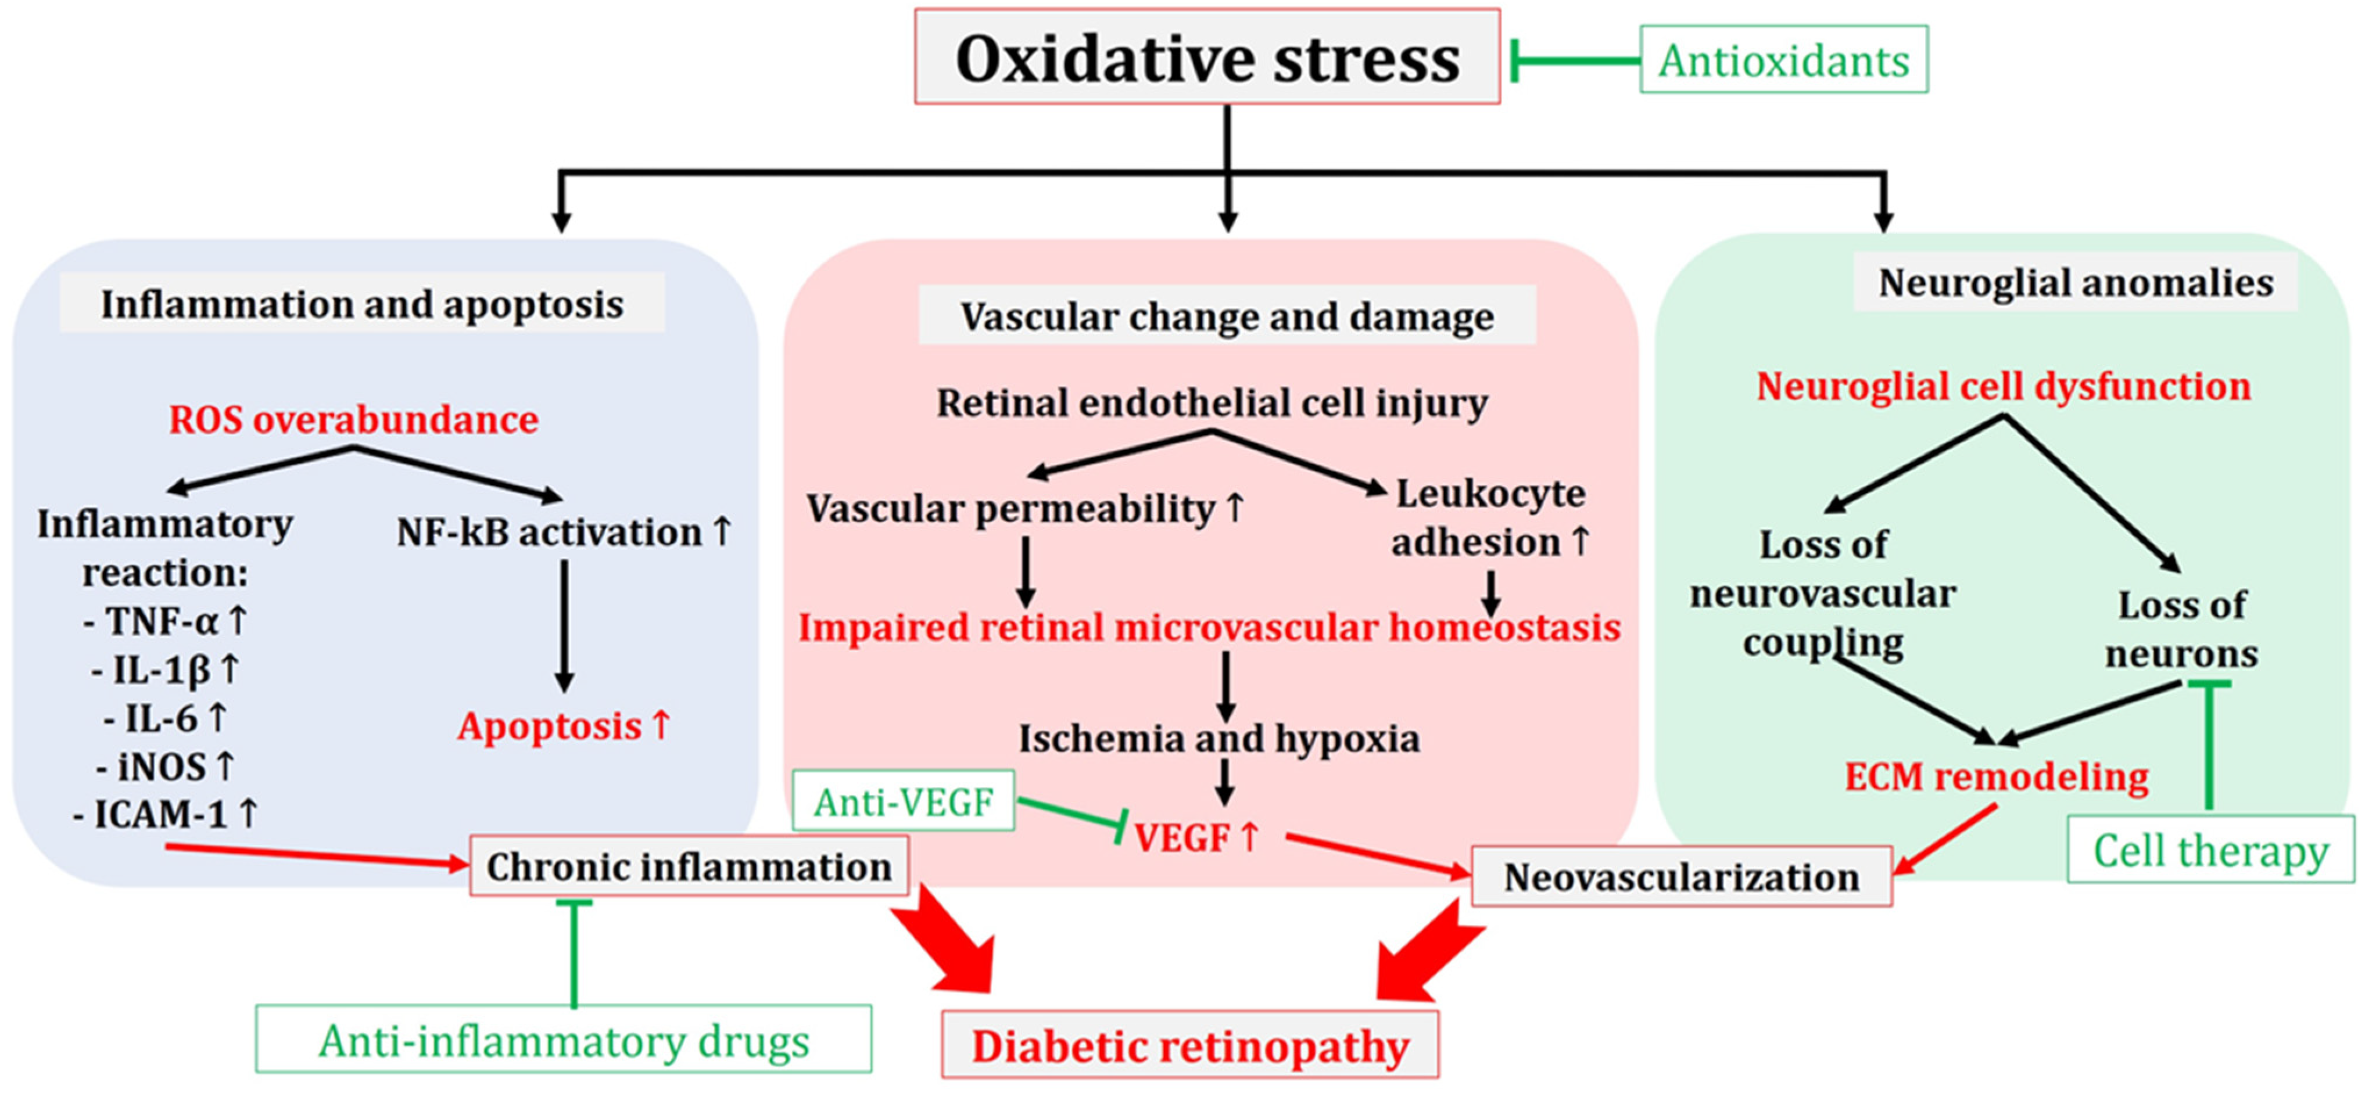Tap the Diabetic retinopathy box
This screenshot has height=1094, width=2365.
[x=1190, y=1045]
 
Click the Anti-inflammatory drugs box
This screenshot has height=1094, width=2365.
[x=563, y=1040]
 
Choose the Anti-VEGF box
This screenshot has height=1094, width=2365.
[x=904, y=802]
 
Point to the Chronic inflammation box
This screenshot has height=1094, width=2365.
[x=689, y=865]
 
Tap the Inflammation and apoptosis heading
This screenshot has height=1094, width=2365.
[x=362, y=304]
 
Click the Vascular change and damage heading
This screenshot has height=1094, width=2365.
[x=1227, y=316]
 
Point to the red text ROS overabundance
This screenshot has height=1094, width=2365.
[x=353, y=419]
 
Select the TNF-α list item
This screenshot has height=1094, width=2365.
[x=165, y=620]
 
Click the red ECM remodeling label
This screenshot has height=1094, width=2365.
[x=1996, y=776]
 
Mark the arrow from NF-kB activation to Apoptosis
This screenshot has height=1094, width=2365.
[x=565, y=624]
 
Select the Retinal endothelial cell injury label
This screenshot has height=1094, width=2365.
[x=1212, y=402]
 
